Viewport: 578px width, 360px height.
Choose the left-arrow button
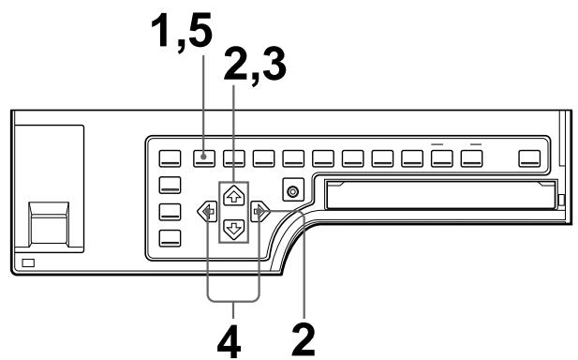tap(201, 212)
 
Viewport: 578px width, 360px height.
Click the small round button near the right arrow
tap(294, 191)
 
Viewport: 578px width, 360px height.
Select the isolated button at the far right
tap(531, 157)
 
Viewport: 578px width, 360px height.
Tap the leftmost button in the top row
tap(170, 157)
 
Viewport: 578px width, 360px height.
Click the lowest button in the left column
tap(170, 236)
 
